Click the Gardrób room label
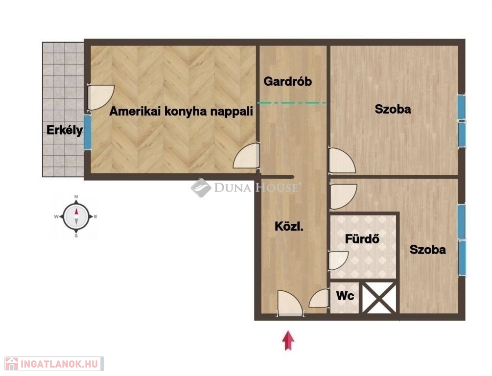pos(287,82)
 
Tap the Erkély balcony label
pos(65,130)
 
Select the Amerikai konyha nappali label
pos(181,112)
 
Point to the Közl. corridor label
pos(289,227)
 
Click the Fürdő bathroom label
pos(362,239)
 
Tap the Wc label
pos(345,296)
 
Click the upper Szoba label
pos(393,109)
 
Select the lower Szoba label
pos(428,250)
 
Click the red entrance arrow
pos(288,340)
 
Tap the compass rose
pos(76,216)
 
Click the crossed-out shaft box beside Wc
pos(379,297)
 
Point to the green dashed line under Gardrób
pos(291,103)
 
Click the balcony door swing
pos(100,97)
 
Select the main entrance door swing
pos(290,303)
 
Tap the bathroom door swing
pos(338,260)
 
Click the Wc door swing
pos(319,299)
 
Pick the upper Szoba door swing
pos(341,161)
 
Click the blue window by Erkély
pos(87,132)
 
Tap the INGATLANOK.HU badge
pos(54,364)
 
